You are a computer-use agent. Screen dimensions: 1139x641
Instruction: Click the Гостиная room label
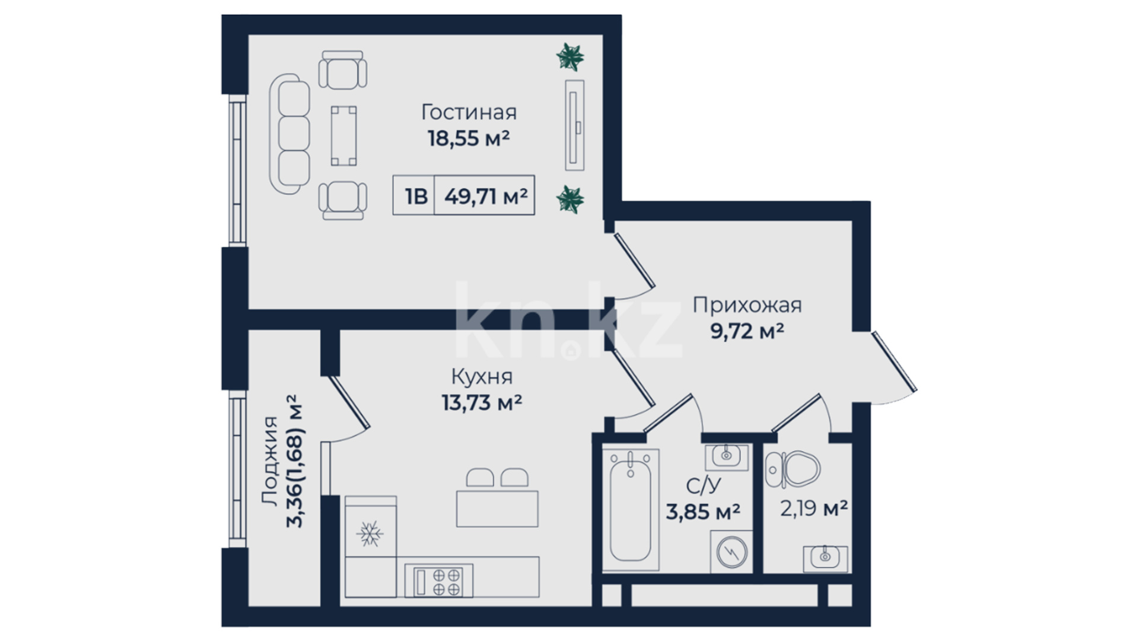point(469,112)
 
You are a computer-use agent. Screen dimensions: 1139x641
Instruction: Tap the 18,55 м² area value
point(469,138)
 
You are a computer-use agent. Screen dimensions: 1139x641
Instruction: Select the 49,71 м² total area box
point(485,195)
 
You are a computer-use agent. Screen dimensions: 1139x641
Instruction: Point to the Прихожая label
point(747,305)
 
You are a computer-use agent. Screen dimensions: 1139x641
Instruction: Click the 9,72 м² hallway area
point(747,331)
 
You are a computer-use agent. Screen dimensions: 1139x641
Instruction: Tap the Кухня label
point(482,377)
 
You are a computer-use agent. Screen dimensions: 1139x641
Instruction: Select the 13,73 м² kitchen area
point(482,403)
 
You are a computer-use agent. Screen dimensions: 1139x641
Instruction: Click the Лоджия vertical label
point(270,461)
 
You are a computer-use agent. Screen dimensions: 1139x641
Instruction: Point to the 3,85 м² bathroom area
point(703,511)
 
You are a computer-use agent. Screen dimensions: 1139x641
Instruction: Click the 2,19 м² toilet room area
point(813,508)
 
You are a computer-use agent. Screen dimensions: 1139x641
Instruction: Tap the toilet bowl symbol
point(793,469)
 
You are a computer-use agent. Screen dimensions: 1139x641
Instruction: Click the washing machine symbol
point(731,552)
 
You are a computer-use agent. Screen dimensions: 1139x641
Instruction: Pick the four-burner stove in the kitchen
point(439,580)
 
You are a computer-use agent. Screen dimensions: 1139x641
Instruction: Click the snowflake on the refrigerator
point(370,534)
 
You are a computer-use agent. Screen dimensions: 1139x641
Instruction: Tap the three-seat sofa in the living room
point(289,134)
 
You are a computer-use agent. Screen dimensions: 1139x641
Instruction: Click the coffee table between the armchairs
point(344,135)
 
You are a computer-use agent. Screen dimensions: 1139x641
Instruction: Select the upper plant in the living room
point(570,57)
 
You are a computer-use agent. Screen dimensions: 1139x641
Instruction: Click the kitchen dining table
point(497,509)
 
